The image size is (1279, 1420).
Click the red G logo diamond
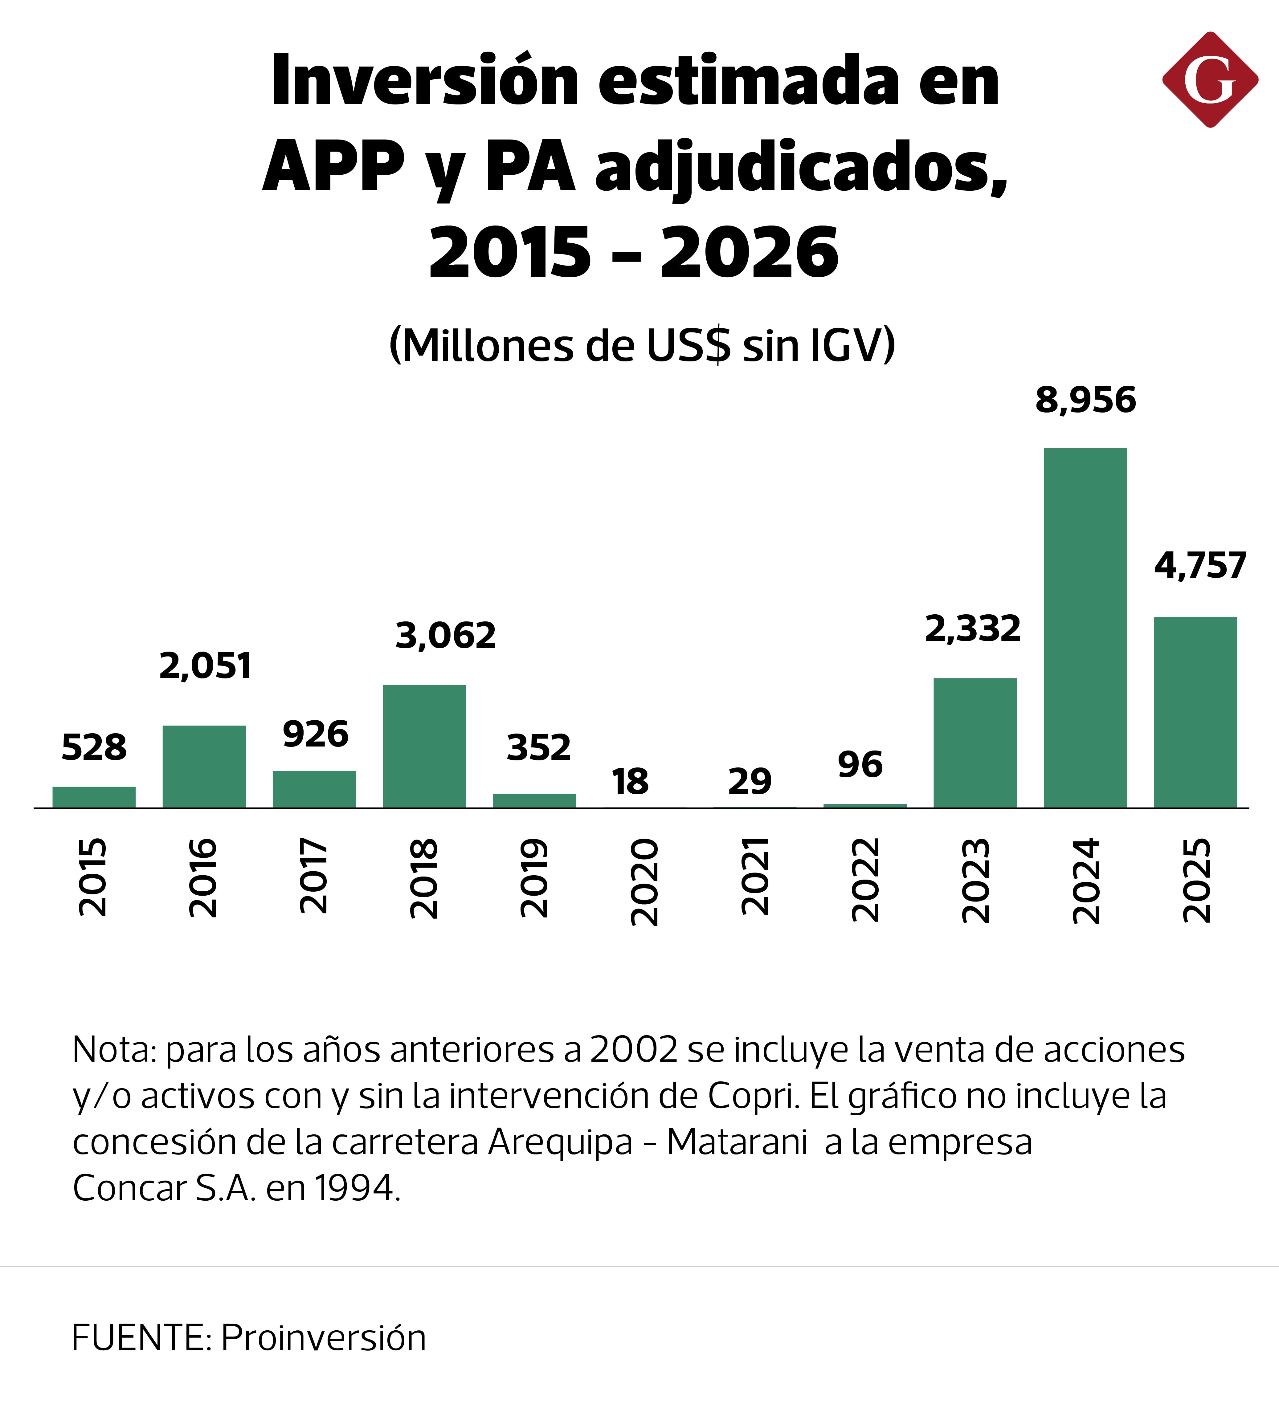coord(1210,79)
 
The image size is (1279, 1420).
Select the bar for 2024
coord(1085,628)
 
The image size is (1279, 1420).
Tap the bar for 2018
coord(424,746)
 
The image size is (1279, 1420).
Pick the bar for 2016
coord(204,767)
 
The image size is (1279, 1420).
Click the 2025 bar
coord(1195,712)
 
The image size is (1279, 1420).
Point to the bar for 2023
coord(975,743)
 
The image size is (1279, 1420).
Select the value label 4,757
coord(1200,566)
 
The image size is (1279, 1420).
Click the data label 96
coord(860,764)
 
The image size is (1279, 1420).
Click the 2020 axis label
coord(644,882)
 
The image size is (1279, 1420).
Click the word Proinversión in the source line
coord(323,1338)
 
